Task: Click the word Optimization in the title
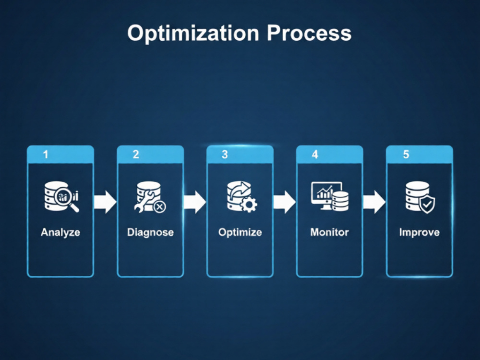click(x=193, y=33)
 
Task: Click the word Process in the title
click(x=309, y=33)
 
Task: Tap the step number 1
click(x=46, y=154)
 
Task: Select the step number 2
click(x=136, y=154)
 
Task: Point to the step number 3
click(x=225, y=154)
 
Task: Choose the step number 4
click(x=315, y=154)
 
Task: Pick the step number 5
click(x=406, y=154)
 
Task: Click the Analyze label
click(x=60, y=232)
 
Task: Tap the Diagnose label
click(x=150, y=232)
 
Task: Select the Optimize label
click(x=240, y=232)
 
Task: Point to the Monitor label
click(x=330, y=232)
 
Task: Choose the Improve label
click(x=420, y=232)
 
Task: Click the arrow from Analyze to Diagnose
click(x=105, y=202)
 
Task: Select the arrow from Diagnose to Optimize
click(x=195, y=202)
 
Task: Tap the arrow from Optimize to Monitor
click(x=284, y=202)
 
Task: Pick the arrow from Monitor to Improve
click(x=374, y=202)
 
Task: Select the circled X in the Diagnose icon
click(x=159, y=207)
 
